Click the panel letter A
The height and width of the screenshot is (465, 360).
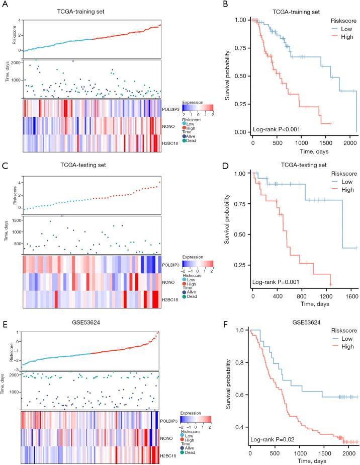(x=5, y=5)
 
